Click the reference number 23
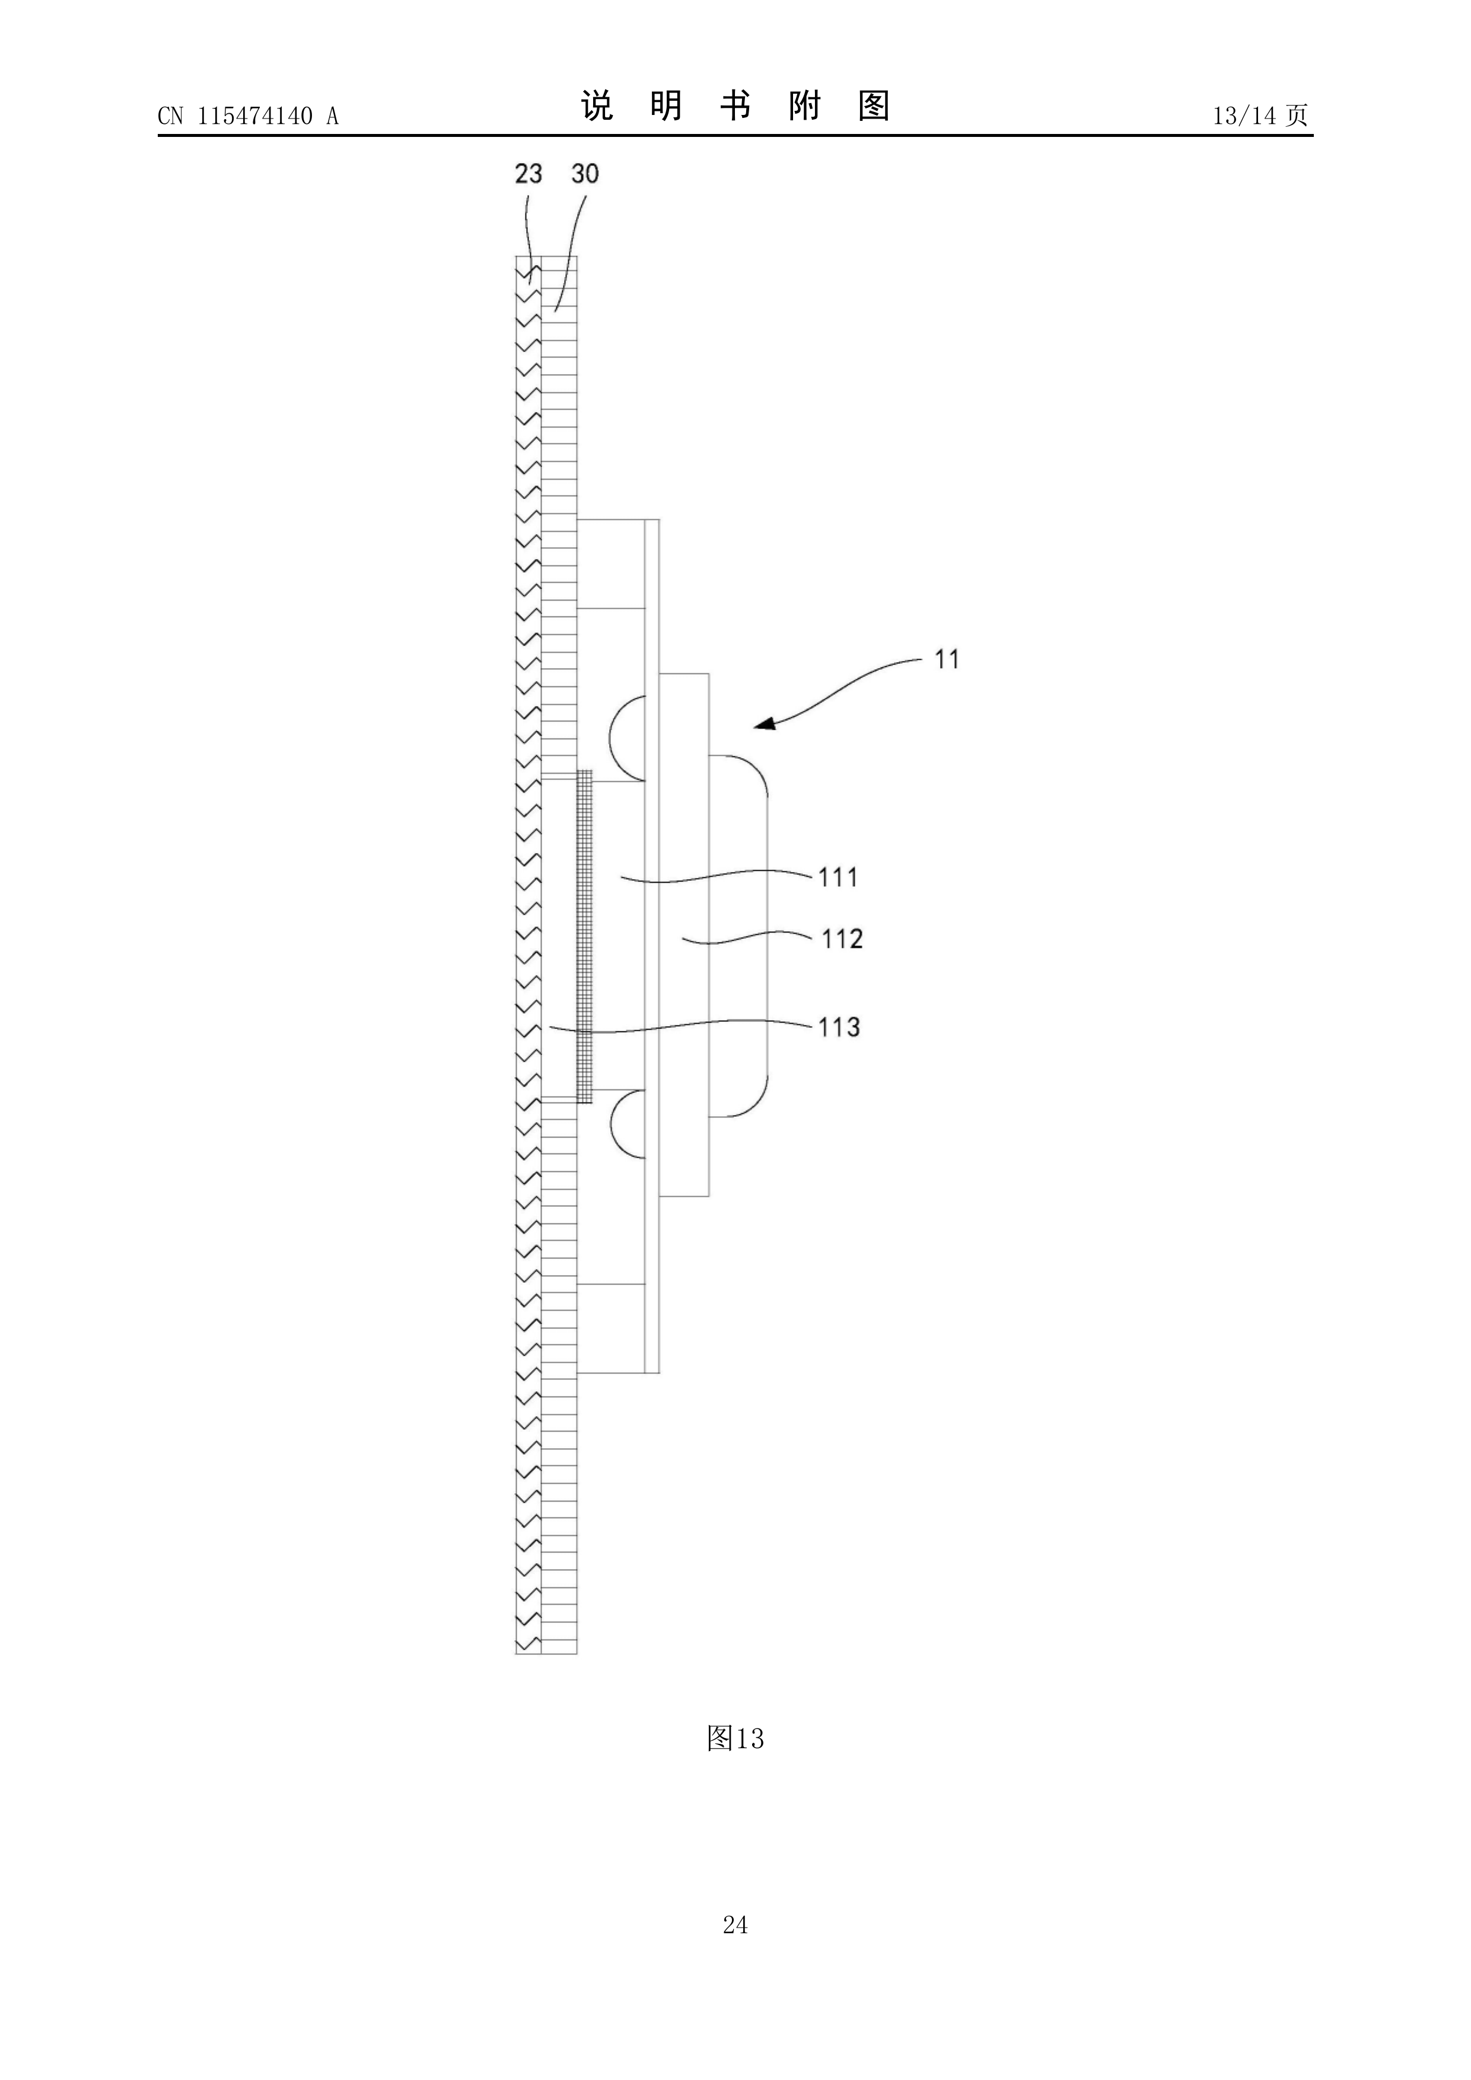point(528,173)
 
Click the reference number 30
point(585,173)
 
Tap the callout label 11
point(947,660)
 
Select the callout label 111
point(838,877)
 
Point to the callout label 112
point(842,938)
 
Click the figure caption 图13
point(735,1739)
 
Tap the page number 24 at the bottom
point(735,1950)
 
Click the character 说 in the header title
point(597,106)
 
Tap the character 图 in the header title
point(874,106)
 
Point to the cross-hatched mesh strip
point(585,936)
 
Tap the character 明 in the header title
point(666,106)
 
